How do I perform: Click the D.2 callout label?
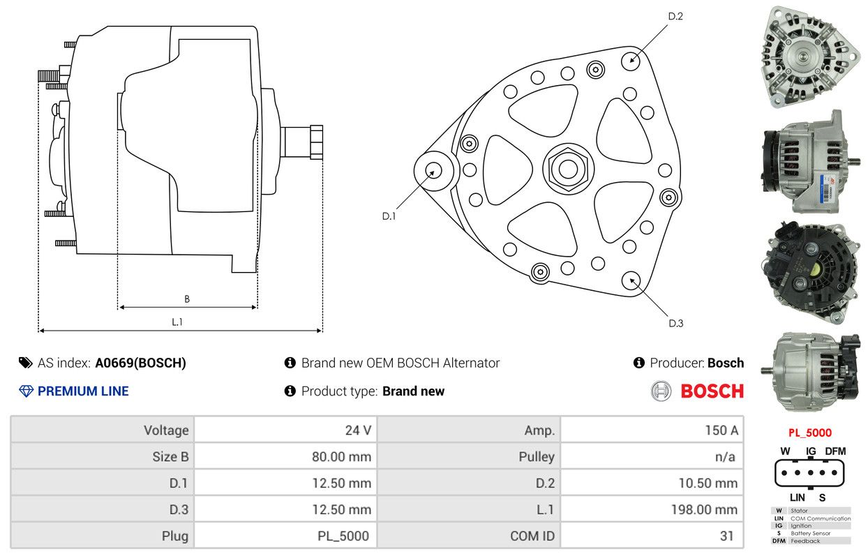[675, 16]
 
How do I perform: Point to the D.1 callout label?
[389, 216]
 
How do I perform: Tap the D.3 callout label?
[676, 324]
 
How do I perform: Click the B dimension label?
[187, 299]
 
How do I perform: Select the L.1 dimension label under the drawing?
[177, 322]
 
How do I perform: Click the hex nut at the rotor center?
[568, 169]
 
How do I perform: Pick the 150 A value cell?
[652, 430]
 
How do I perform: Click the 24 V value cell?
[285, 430]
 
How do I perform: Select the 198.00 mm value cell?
[652, 509]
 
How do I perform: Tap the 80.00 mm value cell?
[285, 457]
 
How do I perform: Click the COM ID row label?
[532, 536]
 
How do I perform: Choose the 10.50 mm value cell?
[652, 483]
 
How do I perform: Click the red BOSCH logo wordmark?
[712, 391]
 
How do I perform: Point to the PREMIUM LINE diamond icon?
[27, 391]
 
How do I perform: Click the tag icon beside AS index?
[26, 363]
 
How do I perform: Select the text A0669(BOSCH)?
[141, 363]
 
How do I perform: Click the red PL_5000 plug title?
[810, 432]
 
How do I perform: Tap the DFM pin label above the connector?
[835, 451]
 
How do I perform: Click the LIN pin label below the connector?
[798, 497]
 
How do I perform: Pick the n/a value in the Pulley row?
[725, 457]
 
